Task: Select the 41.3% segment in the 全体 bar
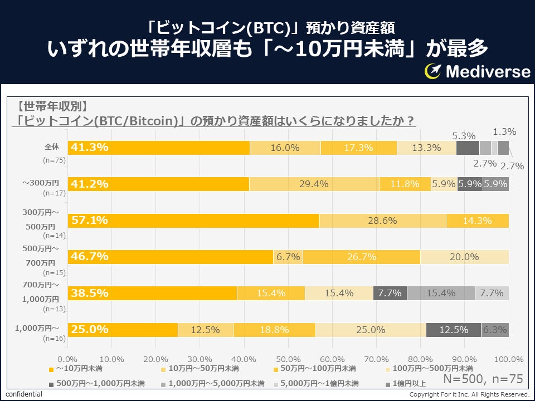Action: tap(159, 148)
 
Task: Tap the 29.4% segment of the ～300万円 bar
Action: tap(314, 184)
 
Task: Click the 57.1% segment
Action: tap(193, 221)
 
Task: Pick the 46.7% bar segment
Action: tap(171, 257)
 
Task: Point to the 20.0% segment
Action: tap(465, 257)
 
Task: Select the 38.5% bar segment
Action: tap(152, 293)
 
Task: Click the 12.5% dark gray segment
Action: tap(454, 330)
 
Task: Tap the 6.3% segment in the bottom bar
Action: tap(495, 330)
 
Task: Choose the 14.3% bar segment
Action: tap(478, 221)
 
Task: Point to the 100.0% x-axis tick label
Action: tap(508, 359)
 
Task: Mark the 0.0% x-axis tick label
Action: tap(67, 359)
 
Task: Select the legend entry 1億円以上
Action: tap(407, 384)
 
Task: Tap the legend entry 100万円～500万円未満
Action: tap(429, 368)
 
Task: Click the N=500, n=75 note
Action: tap(483, 379)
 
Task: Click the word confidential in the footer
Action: tap(24, 394)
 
